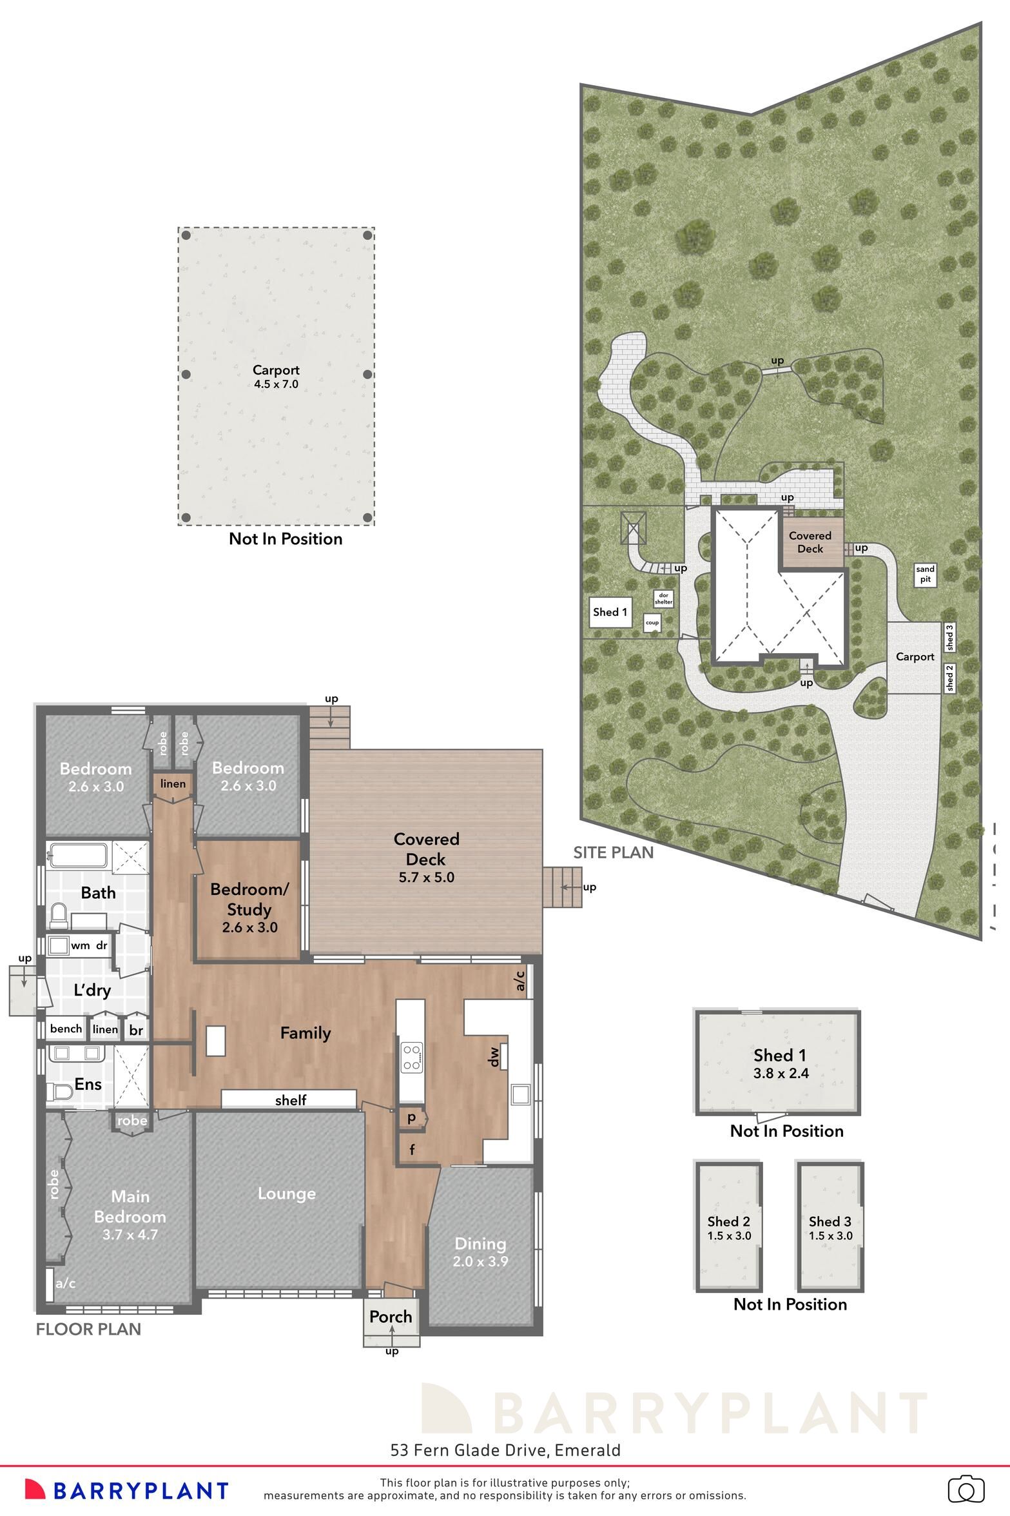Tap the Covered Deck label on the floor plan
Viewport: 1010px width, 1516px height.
[x=426, y=849]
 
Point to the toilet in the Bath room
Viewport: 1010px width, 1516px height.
[x=59, y=916]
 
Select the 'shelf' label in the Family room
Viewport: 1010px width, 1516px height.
[x=291, y=1100]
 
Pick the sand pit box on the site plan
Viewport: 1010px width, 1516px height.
[x=925, y=574]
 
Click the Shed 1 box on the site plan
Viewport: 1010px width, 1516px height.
[x=610, y=612]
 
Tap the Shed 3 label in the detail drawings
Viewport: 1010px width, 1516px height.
[x=830, y=1221]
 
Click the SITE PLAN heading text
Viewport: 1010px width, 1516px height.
[x=613, y=852]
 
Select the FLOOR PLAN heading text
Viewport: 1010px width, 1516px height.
[x=88, y=1329]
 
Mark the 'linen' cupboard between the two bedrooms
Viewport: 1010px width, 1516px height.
[x=173, y=783]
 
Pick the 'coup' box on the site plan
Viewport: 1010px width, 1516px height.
[x=652, y=623]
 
